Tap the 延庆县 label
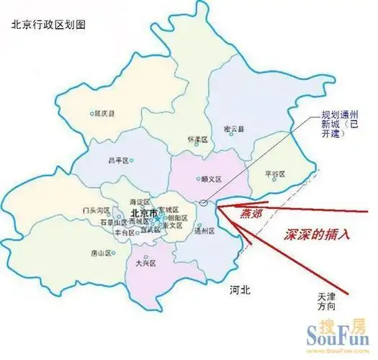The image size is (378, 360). click(104, 113)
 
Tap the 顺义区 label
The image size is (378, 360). click(210, 180)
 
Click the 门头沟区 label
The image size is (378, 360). click(96, 210)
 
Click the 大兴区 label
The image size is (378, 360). click(146, 264)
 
